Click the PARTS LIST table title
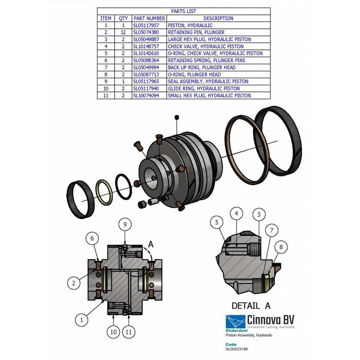pos(183,11)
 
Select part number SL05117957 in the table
pos(148,25)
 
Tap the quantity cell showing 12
pos(123,33)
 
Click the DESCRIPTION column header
pos(218,18)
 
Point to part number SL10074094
pos(148,96)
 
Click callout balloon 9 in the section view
pos(126,224)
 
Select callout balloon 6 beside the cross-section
pos(93,238)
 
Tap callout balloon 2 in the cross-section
pos(73,282)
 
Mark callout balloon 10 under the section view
pos(114,332)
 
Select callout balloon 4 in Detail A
pos(236,213)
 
